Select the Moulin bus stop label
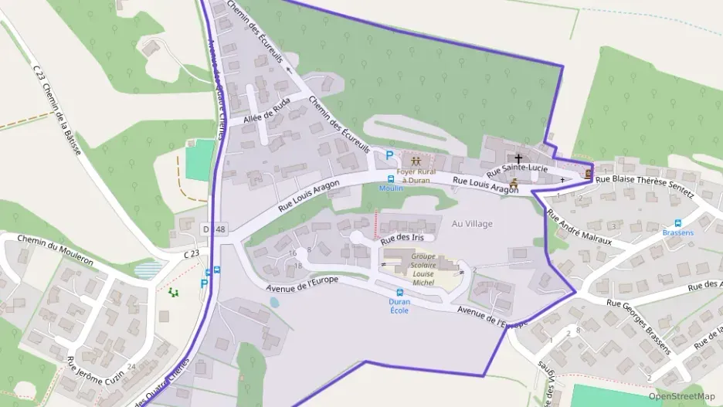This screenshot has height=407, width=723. pos(391,188)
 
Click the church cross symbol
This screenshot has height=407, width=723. pos(518,158)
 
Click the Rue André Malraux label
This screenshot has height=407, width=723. pos(579,229)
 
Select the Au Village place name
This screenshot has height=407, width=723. pos(472,224)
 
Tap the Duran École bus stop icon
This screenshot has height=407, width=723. pos(399,292)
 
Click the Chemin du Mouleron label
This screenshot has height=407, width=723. pos(55,250)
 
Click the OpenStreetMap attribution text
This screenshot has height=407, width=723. pos(681,396)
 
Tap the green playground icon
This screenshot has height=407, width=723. pos(173,293)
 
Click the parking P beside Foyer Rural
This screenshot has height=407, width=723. pos(389,155)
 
